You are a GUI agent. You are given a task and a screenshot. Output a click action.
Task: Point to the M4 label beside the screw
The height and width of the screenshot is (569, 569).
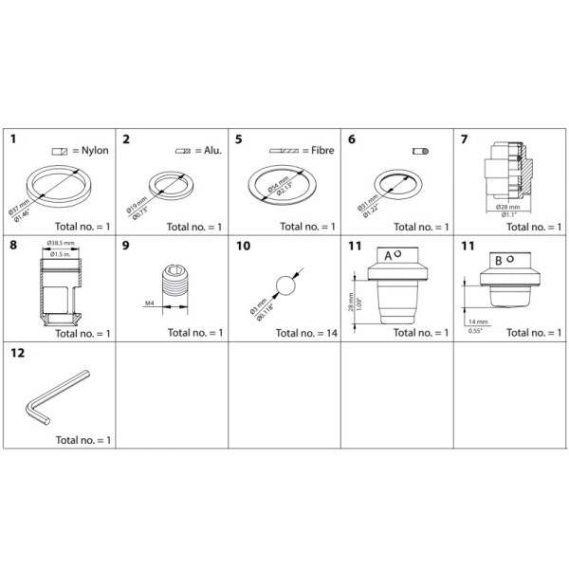point(150,303)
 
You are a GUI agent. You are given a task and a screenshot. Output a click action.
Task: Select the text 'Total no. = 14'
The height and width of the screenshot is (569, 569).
point(303,334)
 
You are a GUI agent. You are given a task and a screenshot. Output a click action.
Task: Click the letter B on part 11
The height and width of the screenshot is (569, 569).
point(496,258)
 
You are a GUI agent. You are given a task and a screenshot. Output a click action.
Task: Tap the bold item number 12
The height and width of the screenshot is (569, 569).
point(16,353)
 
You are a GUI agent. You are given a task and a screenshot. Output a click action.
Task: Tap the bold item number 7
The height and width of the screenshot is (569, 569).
point(465,139)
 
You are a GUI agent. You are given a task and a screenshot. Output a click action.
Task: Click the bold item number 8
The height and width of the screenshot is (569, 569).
point(13,246)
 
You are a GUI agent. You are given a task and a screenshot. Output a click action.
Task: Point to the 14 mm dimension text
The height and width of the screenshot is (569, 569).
point(474,323)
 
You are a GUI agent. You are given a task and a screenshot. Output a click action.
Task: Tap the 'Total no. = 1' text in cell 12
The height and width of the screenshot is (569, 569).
point(83,440)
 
